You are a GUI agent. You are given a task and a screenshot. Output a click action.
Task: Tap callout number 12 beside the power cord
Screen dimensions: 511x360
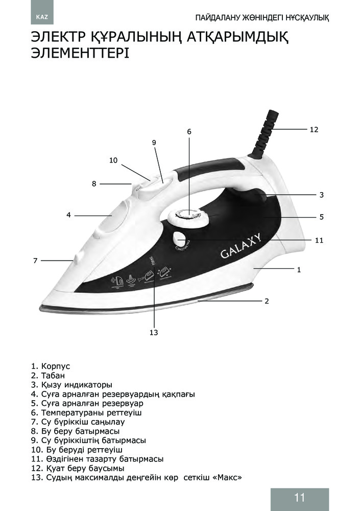314,130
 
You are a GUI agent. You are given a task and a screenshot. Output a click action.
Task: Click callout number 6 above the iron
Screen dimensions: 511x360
189,131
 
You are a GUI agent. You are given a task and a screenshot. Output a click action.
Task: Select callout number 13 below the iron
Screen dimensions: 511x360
154,333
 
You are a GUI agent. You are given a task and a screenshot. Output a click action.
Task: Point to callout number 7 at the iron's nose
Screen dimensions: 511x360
35,261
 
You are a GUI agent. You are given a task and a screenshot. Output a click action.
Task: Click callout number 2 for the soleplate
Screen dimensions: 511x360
267,301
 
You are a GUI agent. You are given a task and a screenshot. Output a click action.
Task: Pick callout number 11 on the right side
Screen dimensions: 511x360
319,239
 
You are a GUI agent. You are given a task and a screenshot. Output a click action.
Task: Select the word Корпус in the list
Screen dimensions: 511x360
55,366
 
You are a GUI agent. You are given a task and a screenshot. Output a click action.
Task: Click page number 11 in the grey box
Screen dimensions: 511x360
299,498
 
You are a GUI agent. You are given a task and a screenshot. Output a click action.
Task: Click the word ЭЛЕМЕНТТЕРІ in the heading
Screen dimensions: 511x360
80,54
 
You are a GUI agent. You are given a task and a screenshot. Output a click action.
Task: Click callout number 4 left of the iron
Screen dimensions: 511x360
68,215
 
